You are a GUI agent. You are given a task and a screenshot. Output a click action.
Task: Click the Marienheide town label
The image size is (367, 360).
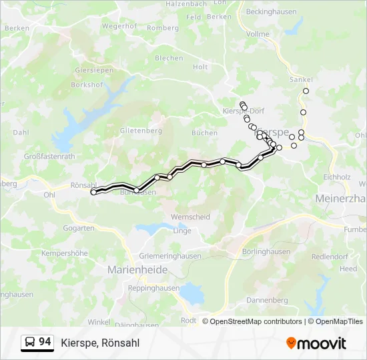[x=138, y=270]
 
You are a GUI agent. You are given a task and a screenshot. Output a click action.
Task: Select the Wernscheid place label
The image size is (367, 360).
[x=190, y=217]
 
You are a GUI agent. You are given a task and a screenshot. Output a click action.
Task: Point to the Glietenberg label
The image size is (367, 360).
[x=141, y=131]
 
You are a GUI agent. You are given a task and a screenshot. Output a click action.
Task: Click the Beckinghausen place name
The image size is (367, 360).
[x=271, y=12]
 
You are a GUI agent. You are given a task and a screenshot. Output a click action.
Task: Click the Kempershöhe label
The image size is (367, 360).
[x=64, y=253]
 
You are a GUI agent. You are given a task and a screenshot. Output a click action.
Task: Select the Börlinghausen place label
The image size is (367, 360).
[x=267, y=251]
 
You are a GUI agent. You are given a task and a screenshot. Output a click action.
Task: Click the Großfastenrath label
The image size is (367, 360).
[x=49, y=156]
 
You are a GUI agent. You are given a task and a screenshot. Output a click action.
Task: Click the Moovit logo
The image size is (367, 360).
[x=316, y=343]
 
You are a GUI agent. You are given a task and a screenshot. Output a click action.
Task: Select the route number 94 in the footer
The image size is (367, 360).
[x=45, y=342]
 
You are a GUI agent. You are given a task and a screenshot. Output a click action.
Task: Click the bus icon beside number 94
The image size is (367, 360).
[x=30, y=343]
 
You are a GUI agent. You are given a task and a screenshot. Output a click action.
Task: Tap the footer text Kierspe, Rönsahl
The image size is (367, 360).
[x=100, y=343]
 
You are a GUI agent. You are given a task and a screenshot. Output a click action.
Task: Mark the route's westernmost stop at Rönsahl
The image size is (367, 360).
[x=93, y=192]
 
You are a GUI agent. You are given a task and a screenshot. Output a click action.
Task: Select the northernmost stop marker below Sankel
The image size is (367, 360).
[x=306, y=91]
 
